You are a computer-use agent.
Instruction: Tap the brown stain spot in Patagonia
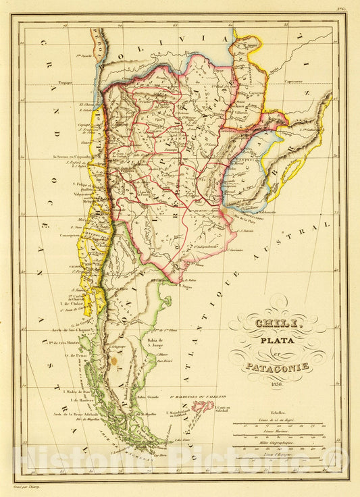click(x=113, y=361)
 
